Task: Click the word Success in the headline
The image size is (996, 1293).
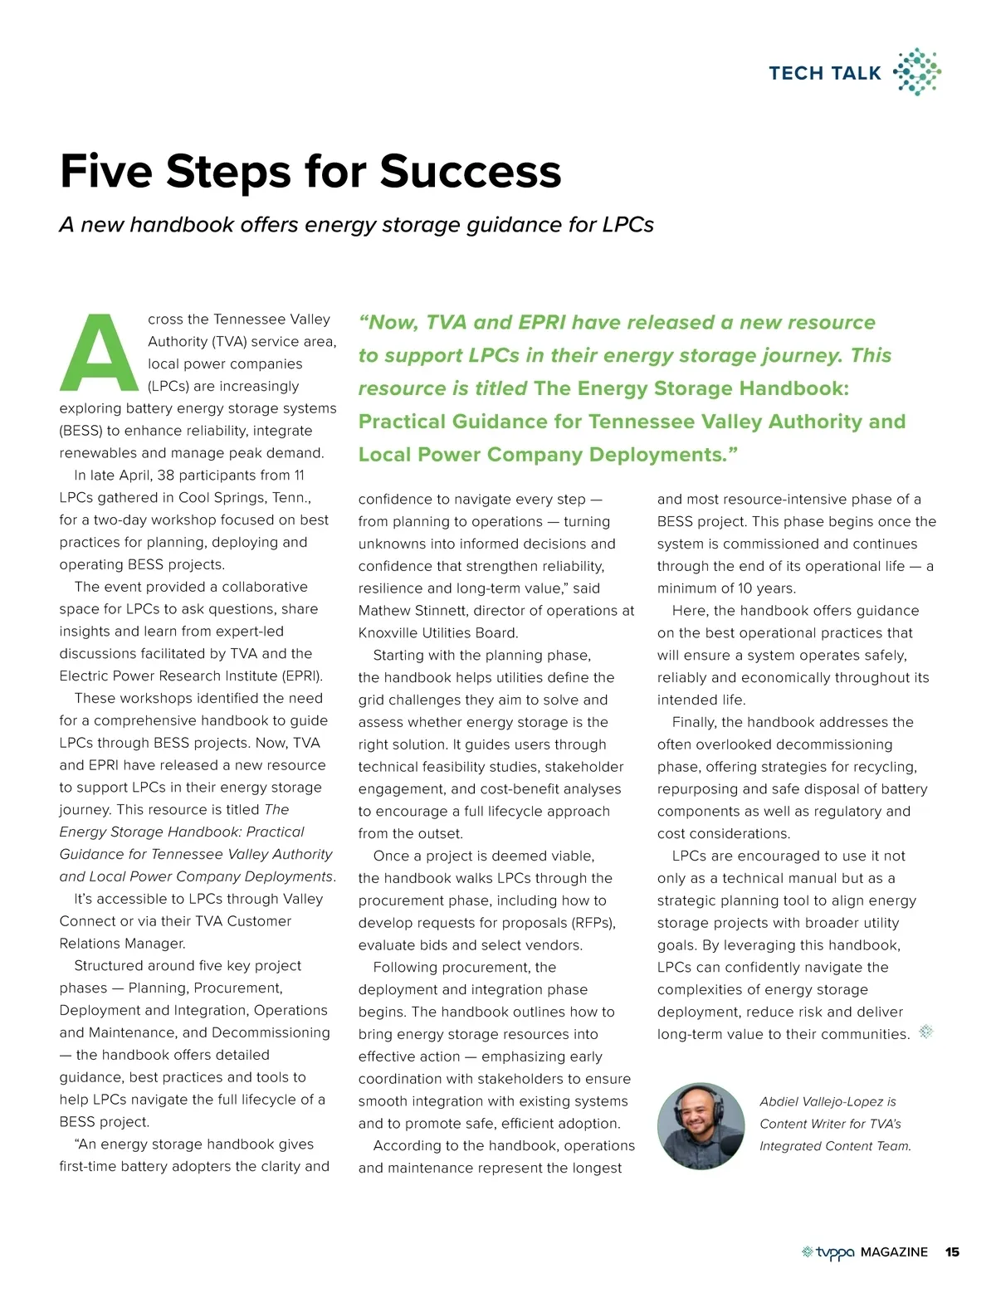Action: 470,172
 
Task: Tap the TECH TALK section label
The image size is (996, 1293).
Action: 824,73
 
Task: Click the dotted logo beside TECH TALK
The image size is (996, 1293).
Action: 916,71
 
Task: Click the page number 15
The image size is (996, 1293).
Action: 952,1252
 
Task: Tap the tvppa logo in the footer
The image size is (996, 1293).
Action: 828,1252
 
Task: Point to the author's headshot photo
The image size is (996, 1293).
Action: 701,1125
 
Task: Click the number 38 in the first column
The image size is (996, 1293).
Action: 165,476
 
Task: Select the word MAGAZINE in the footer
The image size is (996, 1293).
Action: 894,1252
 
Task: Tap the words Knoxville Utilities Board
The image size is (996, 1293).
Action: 438,633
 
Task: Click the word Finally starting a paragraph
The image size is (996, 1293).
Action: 695,723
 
